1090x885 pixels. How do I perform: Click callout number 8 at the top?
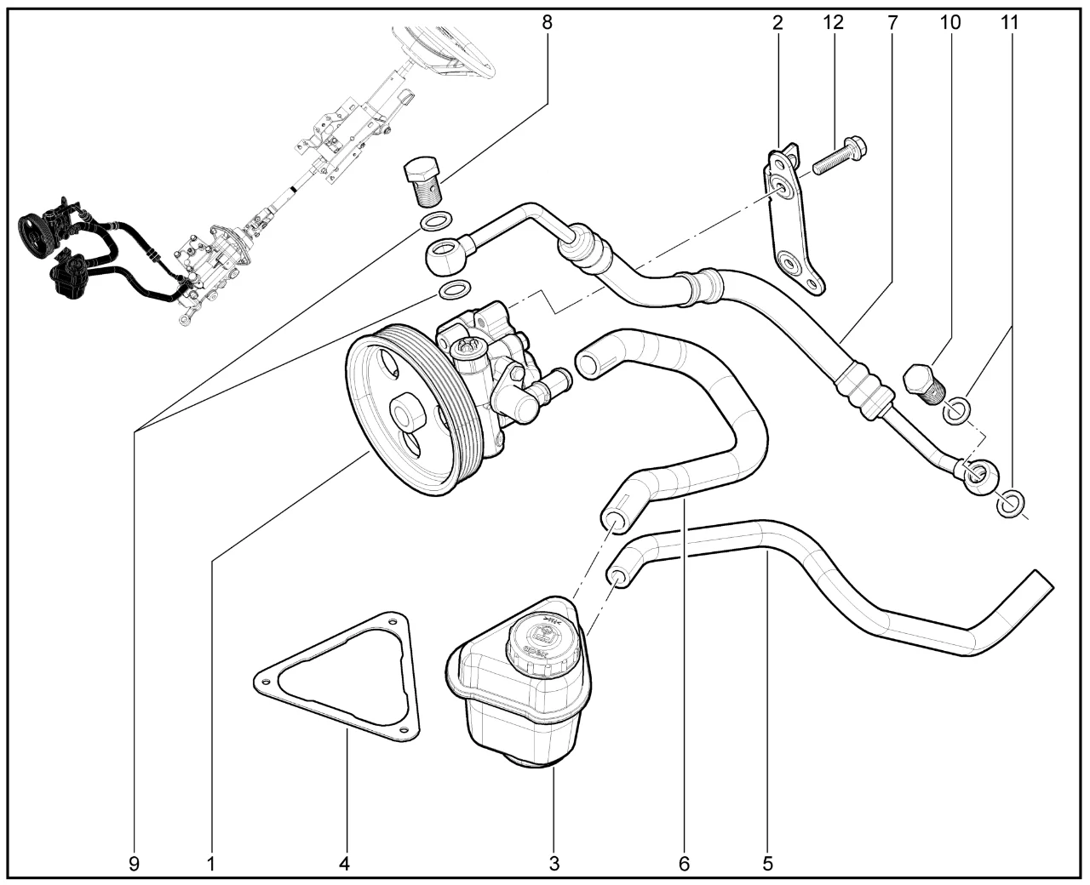click(547, 23)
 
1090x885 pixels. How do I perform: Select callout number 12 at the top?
click(833, 23)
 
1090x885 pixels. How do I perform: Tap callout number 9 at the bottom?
click(134, 864)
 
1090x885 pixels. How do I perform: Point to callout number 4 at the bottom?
click(344, 864)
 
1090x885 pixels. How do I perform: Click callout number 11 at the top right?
click(1009, 23)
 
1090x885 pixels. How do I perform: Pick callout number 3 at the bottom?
click(554, 864)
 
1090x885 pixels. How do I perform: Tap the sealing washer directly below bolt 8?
click(435, 224)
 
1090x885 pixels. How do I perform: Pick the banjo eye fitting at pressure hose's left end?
click(445, 256)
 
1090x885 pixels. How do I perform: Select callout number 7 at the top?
click(892, 23)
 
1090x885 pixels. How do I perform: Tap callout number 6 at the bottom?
click(684, 864)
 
